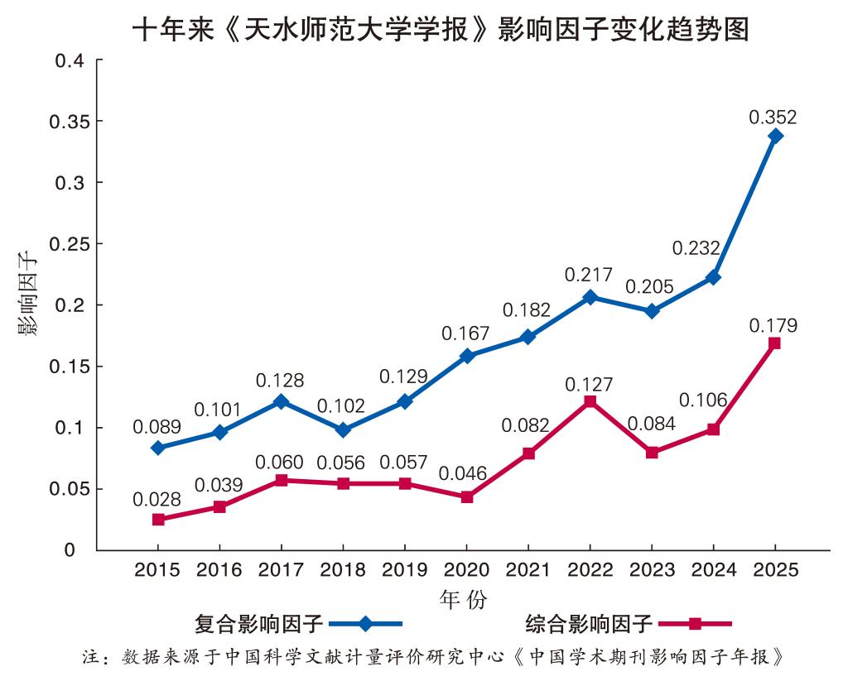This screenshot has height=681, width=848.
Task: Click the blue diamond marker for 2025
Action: coord(775,137)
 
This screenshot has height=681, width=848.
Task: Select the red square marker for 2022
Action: coord(590,401)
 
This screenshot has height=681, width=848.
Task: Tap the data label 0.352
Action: coord(773,117)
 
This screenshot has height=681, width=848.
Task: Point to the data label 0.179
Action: coord(773,325)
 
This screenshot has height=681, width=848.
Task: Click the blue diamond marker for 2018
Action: coord(344,430)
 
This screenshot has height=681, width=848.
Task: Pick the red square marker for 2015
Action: coord(158,520)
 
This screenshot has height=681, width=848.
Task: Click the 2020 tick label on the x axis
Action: coord(466,570)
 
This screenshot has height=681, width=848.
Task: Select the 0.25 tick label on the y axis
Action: coord(68,244)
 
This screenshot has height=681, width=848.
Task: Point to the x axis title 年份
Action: coord(463,598)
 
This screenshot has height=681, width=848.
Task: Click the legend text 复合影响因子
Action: coord(258,623)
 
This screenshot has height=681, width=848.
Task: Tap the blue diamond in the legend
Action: coord(365,623)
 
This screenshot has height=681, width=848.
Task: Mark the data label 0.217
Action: coord(588,275)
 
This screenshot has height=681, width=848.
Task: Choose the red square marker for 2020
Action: coord(467,497)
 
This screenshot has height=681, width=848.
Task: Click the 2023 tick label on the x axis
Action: coord(651,570)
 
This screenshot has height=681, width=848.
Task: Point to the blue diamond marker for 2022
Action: coord(590,297)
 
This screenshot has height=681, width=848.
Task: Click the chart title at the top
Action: coord(441,30)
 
